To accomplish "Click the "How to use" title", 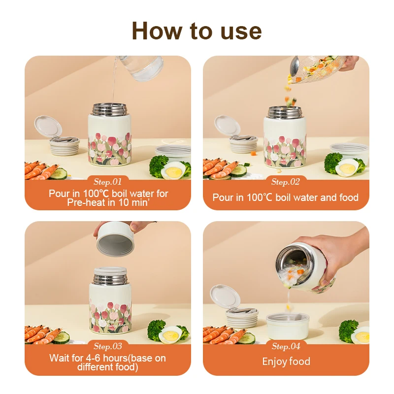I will pyautogui.click(x=197, y=31).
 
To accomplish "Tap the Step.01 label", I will pyautogui.click(x=107, y=182).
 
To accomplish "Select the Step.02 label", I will pyautogui.click(x=286, y=182).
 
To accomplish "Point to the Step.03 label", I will pyautogui.click(x=107, y=346).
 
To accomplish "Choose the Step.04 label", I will pyautogui.click(x=286, y=346).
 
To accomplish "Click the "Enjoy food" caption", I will pyautogui.click(x=286, y=362).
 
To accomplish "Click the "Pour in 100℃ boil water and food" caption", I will pyautogui.click(x=286, y=197).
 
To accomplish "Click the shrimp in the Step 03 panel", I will pyautogui.click(x=39, y=335).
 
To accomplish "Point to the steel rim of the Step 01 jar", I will pyautogui.click(x=106, y=109).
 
